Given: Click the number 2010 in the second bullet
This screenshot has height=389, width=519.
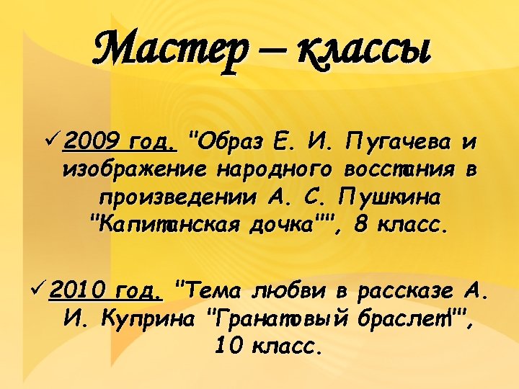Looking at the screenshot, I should pyautogui.click(x=76, y=291).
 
